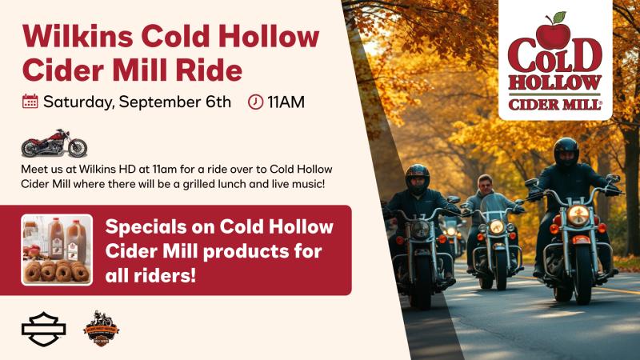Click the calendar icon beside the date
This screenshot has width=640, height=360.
tap(30, 102)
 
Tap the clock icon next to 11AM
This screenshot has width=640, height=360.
tap(255, 102)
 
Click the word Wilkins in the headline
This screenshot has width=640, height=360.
tap(78, 37)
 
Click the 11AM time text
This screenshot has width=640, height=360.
tap(286, 102)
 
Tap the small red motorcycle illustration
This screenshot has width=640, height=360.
tap(54, 143)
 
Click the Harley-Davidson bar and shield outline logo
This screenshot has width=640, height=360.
tap(44, 329)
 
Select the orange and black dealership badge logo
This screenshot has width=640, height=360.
tap(102, 329)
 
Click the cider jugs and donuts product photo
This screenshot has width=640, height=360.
tap(57, 250)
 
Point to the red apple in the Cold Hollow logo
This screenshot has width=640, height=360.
tap(553, 34)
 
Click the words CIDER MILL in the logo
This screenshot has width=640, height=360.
tap(554, 105)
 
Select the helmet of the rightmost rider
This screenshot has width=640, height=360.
tap(566, 151)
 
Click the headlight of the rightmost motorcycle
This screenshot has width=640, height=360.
tap(578, 215)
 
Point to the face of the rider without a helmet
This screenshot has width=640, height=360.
tap(486, 186)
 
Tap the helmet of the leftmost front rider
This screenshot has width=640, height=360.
tap(417, 178)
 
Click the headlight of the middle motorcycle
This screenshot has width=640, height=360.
tap(496, 226)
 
